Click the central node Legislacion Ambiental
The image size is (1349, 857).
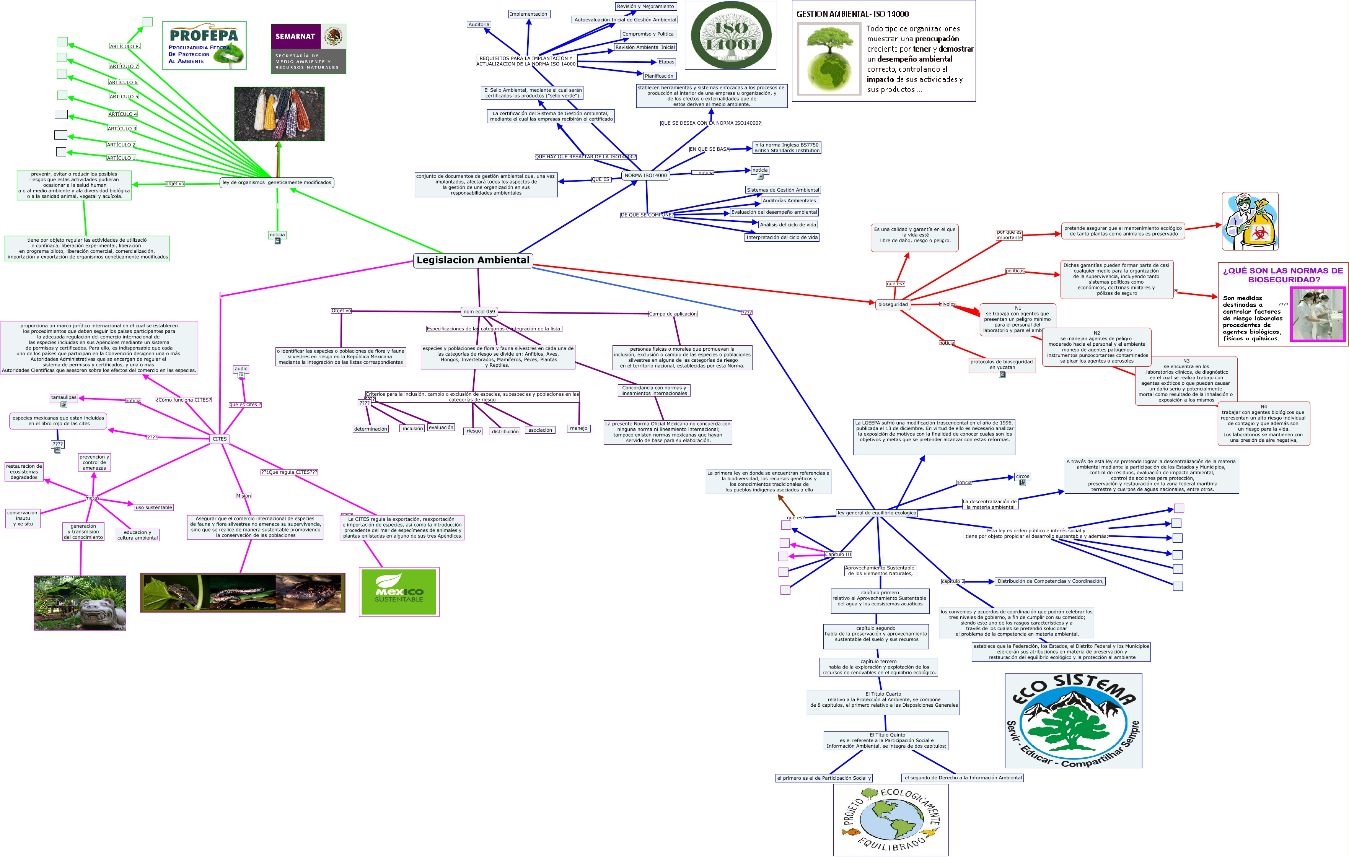[x=473, y=260]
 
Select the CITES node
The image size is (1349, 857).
[x=220, y=439]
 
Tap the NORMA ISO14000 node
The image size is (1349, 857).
[x=645, y=175]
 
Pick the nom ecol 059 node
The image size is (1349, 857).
[x=479, y=311]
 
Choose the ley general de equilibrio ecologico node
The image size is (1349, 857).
[x=877, y=512]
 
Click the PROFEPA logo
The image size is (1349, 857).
[x=204, y=46]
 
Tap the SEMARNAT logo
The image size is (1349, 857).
[x=308, y=49]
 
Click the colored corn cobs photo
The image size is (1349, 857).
[x=279, y=114]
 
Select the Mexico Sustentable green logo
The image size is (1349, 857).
[x=399, y=592]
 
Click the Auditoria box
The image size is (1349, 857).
[x=479, y=24]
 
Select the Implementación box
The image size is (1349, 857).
[x=528, y=14]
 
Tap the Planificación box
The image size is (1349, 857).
[x=659, y=76]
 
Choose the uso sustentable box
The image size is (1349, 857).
[x=153, y=507]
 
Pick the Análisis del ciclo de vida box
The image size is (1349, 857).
[x=788, y=224]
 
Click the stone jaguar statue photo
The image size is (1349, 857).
[x=80, y=603]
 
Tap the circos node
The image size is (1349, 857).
[x=1022, y=476]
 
